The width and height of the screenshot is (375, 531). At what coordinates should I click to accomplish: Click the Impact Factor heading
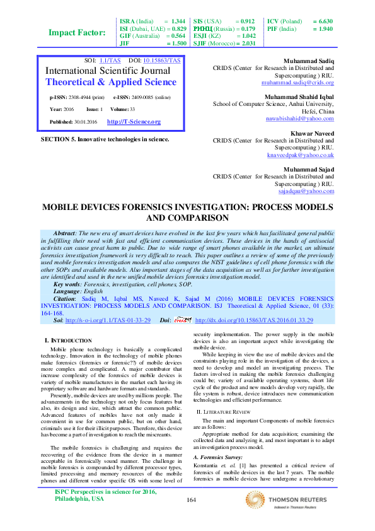point(78,33)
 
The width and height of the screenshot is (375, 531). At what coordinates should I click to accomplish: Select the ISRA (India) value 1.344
point(178,21)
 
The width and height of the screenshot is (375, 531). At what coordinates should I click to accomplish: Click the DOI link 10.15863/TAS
point(162,60)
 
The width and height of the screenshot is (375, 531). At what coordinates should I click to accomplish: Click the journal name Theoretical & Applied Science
point(112,82)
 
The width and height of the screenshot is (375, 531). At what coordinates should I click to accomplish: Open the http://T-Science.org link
point(134,121)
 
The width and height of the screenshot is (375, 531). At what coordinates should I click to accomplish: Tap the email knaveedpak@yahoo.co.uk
point(300,155)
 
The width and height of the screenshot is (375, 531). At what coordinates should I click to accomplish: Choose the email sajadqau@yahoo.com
point(306,190)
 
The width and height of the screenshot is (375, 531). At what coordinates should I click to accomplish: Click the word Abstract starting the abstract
point(65,233)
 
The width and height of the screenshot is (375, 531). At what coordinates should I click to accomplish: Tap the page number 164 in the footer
point(192,517)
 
